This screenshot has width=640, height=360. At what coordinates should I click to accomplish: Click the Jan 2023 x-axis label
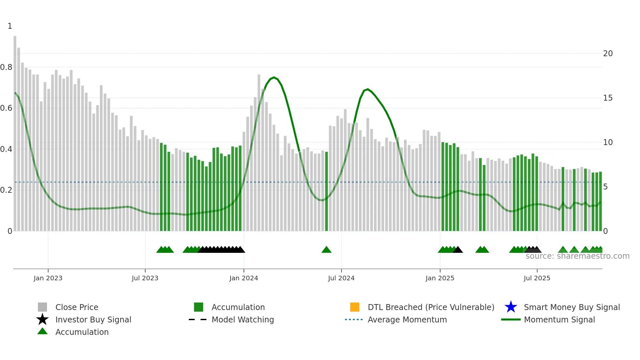coord(48,278)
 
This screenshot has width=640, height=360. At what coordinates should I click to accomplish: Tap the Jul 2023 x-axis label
coord(145,278)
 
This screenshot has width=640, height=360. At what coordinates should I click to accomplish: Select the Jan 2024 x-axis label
coord(244,278)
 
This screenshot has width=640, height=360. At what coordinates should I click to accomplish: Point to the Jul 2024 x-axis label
coord(341,278)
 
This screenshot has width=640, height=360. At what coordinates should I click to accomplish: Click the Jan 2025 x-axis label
coord(440,278)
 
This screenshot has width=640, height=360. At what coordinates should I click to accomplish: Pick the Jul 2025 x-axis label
coord(537,278)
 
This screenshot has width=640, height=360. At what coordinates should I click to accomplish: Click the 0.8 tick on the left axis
coord(6,67)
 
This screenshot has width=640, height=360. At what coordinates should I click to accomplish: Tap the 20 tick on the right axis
coord(608,54)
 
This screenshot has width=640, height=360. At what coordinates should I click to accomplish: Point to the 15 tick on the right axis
coord(608,98)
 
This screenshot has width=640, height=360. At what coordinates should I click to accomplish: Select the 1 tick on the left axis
coord(10,26)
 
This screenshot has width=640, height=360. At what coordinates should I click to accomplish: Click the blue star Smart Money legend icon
coord(511,307)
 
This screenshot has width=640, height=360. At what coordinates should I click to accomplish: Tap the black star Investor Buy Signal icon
coord(42,319)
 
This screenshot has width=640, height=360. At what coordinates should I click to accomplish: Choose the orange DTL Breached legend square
coord(355,307)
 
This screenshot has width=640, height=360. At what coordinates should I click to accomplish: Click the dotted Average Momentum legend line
coord(354,319)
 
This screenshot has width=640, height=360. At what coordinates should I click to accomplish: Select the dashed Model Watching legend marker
coord(198,319)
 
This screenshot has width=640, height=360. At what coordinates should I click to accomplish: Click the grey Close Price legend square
coord(42,307)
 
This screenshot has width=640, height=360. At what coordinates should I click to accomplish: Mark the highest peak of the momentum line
coord(274,77)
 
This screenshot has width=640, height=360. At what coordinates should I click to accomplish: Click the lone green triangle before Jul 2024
coord(326,250)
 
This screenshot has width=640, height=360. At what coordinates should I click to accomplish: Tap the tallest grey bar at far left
coord(15,131)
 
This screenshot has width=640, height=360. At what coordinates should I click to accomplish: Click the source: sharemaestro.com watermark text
coord(577,256)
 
